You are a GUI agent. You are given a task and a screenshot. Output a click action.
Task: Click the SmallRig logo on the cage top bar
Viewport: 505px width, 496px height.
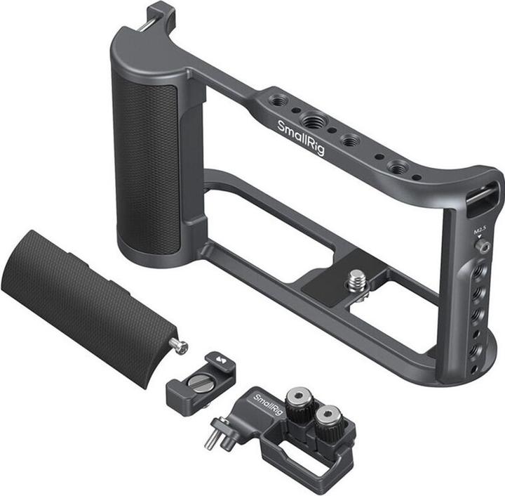click(x=301, y=137)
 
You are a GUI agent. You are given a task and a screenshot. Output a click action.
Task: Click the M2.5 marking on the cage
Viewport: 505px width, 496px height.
click(x=480, y=232)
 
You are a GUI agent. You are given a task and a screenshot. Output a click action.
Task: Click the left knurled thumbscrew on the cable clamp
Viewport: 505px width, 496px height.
click(x=301, y=401)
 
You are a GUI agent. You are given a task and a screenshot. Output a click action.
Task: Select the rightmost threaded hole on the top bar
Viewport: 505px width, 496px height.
click(x=398, y=167)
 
